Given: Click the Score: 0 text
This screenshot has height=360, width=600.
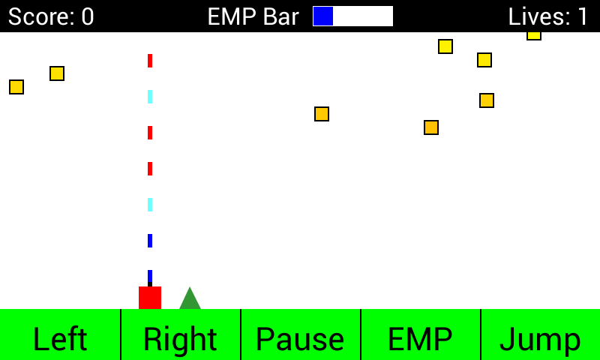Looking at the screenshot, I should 51,16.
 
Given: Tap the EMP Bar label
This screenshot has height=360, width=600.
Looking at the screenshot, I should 253,16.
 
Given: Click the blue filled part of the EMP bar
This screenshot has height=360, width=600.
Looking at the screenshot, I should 323,16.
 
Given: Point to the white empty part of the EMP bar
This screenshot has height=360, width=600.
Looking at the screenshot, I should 363,16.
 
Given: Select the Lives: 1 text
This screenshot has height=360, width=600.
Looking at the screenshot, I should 548,16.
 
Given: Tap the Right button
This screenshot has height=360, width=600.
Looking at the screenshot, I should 180,339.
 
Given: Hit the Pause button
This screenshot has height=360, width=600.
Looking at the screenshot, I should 300,339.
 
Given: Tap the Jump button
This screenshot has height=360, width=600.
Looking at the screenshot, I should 540,339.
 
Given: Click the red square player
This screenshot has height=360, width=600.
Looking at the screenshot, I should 150,297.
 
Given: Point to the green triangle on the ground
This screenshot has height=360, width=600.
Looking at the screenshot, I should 190,300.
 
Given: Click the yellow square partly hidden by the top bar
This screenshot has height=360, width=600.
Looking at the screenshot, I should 534,35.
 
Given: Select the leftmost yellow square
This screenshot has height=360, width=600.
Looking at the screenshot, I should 16,87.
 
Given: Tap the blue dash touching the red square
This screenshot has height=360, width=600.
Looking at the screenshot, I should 150,277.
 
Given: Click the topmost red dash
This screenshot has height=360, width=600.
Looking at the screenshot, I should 150,61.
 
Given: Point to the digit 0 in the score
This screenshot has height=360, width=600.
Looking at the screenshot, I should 87,16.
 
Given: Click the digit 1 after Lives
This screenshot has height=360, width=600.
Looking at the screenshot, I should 583,16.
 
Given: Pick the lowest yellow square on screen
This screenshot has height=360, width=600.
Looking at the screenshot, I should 431,127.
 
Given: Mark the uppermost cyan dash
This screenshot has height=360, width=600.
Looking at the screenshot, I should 150,97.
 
